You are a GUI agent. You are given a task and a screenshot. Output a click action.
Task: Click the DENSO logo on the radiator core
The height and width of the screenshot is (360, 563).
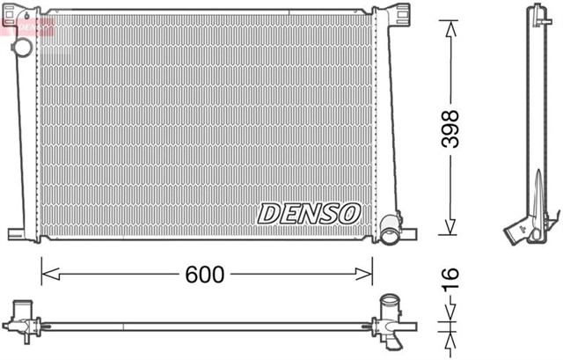(309, 212)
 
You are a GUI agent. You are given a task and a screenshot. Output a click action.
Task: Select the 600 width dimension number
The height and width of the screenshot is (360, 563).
(205, 275)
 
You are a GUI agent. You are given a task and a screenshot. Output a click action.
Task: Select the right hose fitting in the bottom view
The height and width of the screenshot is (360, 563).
(388, 318)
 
